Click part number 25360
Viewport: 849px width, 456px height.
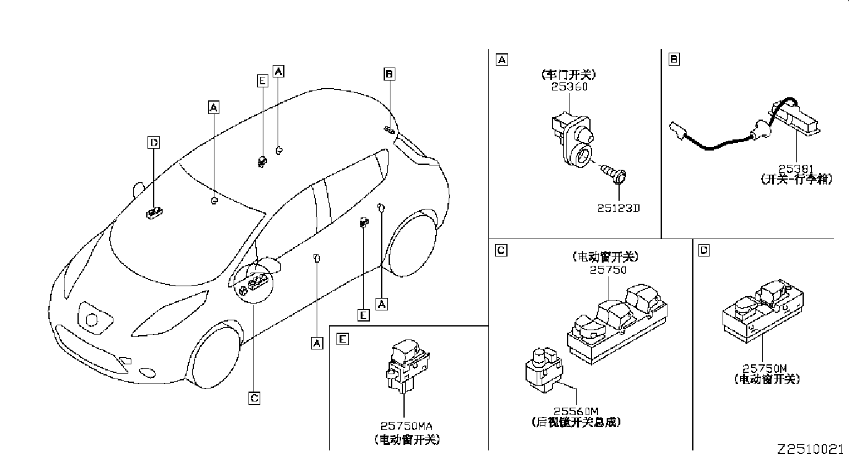569,87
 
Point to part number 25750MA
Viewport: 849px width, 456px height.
407,427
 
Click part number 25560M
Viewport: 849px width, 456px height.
576,410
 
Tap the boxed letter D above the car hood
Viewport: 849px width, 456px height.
154,143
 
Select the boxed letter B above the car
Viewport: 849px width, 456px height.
389,74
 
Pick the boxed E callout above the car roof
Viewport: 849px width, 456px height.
262,80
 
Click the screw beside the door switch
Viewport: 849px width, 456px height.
616,177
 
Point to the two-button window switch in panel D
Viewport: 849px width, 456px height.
763,310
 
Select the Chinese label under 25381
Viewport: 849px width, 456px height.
796,179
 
